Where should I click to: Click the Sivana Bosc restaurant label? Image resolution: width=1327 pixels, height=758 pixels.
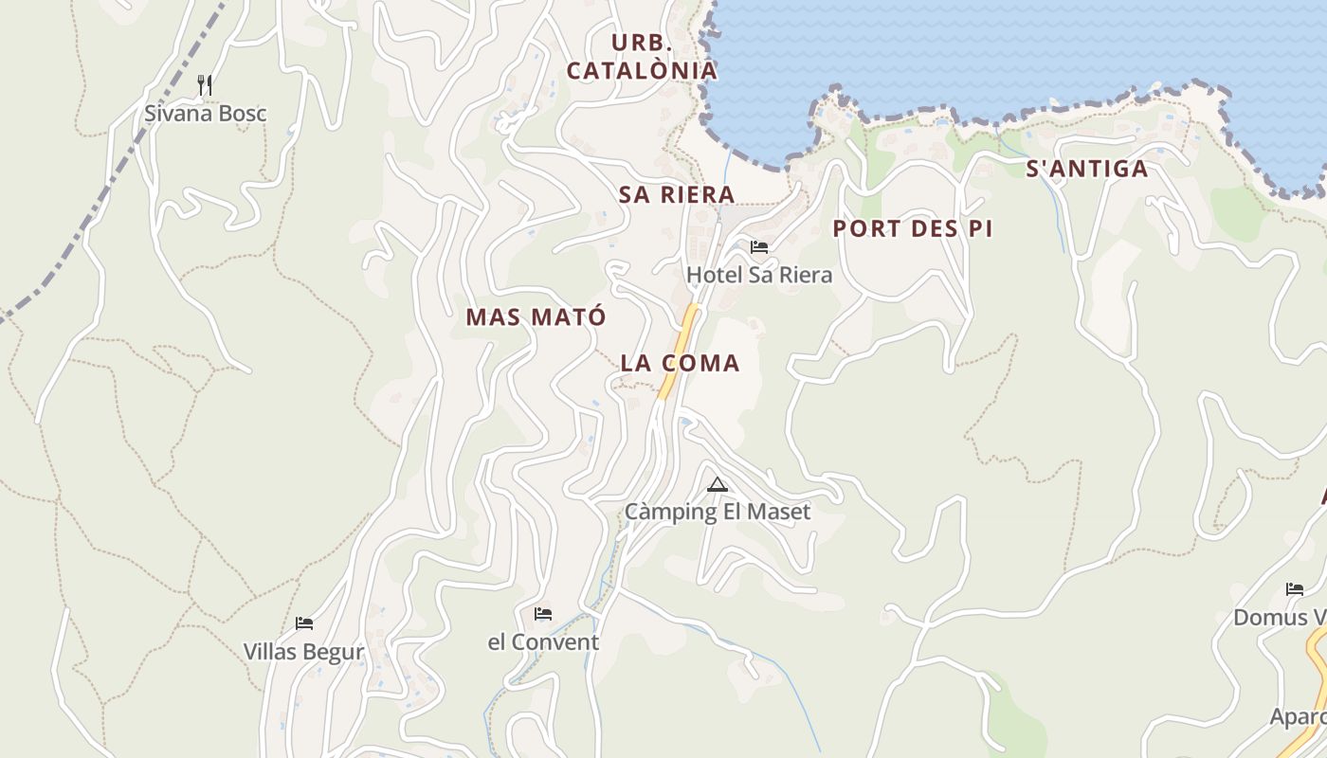(x=205, y=114)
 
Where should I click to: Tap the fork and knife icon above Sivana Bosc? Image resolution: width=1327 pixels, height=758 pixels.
(x=205, y=85)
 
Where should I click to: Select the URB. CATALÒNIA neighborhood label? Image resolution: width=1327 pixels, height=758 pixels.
(x=642, y=57)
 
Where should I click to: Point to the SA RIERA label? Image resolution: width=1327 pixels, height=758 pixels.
(x=677, y=195)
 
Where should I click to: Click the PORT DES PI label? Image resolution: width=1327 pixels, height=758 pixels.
(x=913, y=229)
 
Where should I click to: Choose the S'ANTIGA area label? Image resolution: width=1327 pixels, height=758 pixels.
(x=1087, y=170)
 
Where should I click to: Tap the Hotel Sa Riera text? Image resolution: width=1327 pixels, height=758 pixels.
(x=759, y=276)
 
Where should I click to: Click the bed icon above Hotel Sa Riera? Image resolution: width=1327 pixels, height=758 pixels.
(x=759, y=247)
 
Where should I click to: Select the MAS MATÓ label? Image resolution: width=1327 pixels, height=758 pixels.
(x=536, y=317)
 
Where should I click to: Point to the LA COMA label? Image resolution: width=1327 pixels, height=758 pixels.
(x=680, y=363)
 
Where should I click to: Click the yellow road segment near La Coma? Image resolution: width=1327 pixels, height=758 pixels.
(x=680, y=351)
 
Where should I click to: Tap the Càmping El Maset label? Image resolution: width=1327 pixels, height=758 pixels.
(x=718, y=513)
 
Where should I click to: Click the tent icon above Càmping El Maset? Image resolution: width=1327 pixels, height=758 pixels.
(x=718, y=485)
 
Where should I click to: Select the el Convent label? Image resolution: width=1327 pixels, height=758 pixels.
(x=543, y=642)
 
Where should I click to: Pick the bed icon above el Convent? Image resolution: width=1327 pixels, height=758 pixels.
(x=543, y=614)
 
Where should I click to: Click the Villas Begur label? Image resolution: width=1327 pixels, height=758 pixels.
(x=303, y=652)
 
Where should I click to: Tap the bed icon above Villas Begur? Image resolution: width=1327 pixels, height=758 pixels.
(x=304, y=623)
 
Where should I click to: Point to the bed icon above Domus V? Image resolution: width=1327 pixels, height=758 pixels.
(x=1295, y=589)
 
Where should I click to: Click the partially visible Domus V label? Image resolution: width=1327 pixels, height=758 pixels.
(x=1280, y=618)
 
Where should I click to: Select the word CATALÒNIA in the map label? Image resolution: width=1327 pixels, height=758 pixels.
(x=642, y=71)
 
